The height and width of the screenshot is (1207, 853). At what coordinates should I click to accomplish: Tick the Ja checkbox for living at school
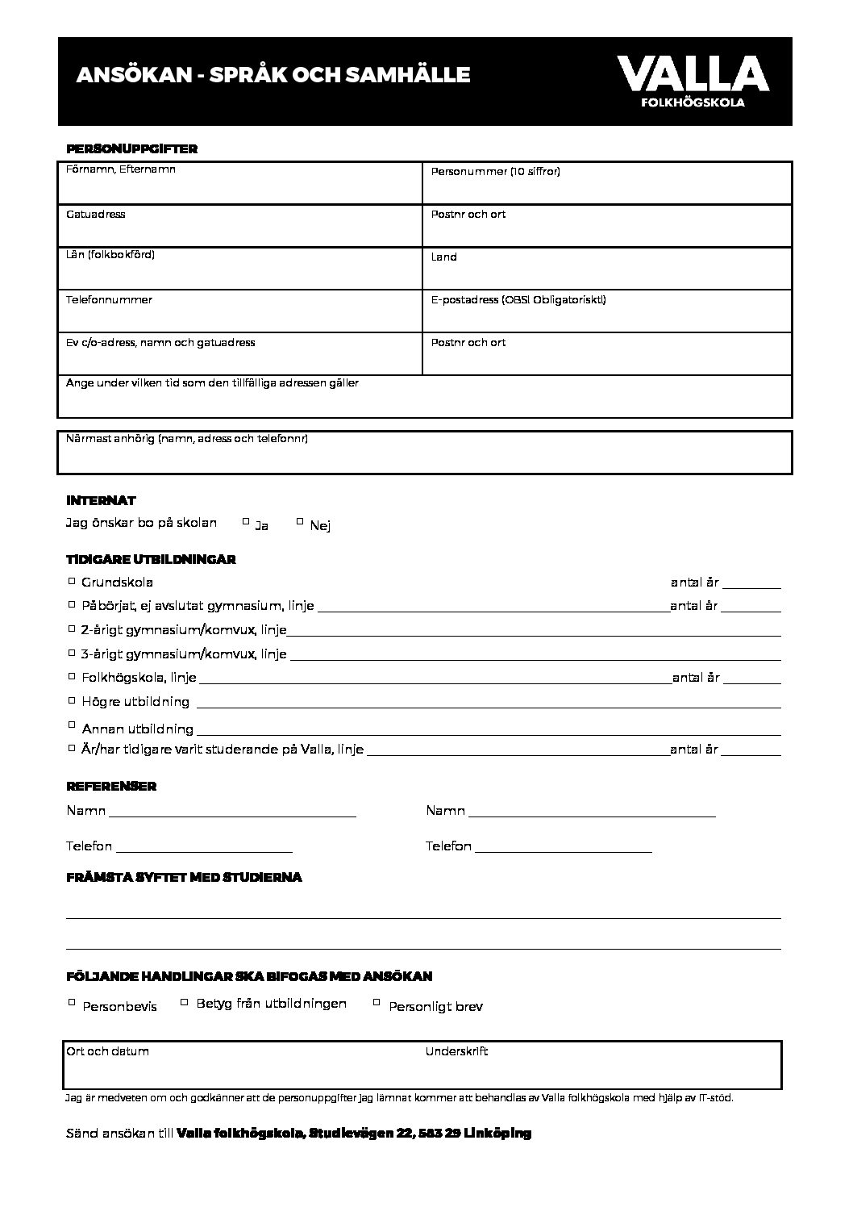pyautogui.click(x=246, y=521)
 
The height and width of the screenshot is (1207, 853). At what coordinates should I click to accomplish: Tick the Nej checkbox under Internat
pyautogui.click(x=300, y=521)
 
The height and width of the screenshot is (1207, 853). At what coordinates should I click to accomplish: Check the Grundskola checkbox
pyautogui.click(x=72, y=580)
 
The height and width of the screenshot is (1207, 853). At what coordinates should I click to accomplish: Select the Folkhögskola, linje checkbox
pyautogui.click(x=72, y=676)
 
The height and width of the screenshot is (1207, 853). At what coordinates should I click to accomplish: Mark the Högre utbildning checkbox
pyautogui.click(x=72, y=700)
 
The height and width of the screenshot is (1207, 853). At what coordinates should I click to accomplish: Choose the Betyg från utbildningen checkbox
pyautogui.click(x=185, y=1002)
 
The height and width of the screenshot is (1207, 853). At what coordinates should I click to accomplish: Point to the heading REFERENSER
pyautogui.click(x=111, y=786)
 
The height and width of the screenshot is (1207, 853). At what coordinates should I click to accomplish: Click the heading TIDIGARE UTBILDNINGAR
pyautogui.click(x=151, y=559)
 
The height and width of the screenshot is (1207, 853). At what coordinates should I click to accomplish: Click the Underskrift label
pyautogui.click(x=456, y=1051)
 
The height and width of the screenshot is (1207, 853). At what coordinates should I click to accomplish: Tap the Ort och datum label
pyautogui.click(x=107, y=1051)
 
